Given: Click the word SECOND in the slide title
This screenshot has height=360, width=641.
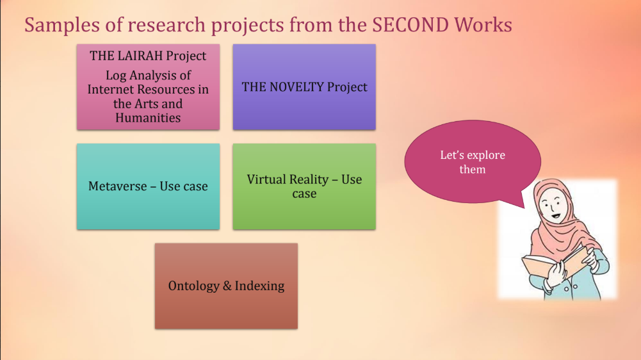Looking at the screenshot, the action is tap(410, 25).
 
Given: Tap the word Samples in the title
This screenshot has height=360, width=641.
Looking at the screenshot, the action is tap(62, 26).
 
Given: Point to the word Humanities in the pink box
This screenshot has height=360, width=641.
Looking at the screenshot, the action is tap(148, 118).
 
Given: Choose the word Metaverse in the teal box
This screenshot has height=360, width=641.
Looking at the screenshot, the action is tap(117, 186).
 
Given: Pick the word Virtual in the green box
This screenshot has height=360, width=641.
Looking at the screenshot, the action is tap(267, 179).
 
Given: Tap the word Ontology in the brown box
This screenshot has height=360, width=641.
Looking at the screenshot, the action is tap(194, 286).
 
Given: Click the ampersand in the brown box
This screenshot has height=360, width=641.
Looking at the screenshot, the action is tap(227, 286).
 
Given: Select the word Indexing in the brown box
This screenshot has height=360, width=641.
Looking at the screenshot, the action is tap(259, 286).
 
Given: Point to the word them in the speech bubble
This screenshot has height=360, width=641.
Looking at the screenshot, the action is tap(472, 169).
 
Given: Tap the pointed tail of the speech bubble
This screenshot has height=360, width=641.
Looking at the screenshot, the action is tap(524, 208).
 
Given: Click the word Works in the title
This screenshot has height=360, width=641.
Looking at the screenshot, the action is tap(483, 25).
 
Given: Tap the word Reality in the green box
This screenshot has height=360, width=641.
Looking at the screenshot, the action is tap(312, 179).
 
